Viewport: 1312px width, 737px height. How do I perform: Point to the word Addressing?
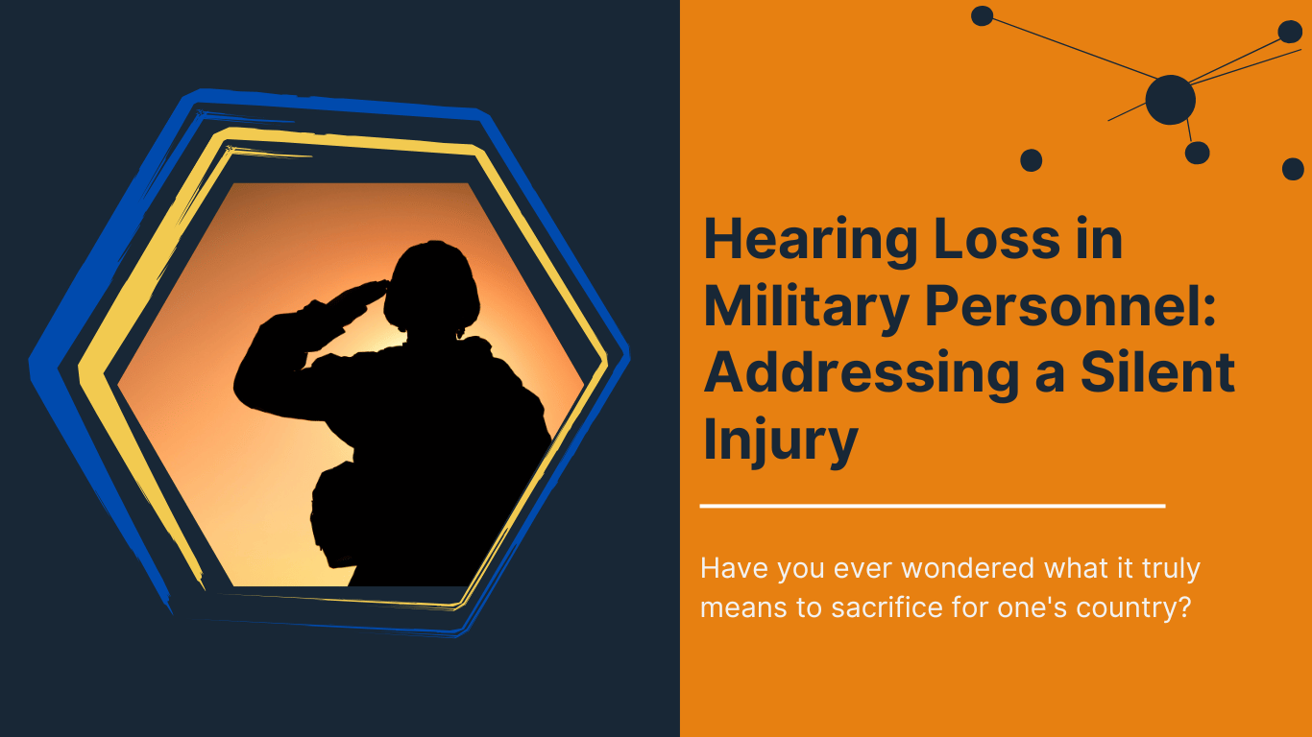[861, 373]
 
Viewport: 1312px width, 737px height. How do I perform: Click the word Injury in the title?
[780, 440]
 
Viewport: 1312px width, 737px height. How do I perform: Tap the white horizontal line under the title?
[932, 505]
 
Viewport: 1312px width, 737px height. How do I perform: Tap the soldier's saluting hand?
[370, 291]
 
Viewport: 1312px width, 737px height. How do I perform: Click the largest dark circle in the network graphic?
[1170, 99]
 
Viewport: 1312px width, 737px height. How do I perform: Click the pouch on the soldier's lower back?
[331, 513]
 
